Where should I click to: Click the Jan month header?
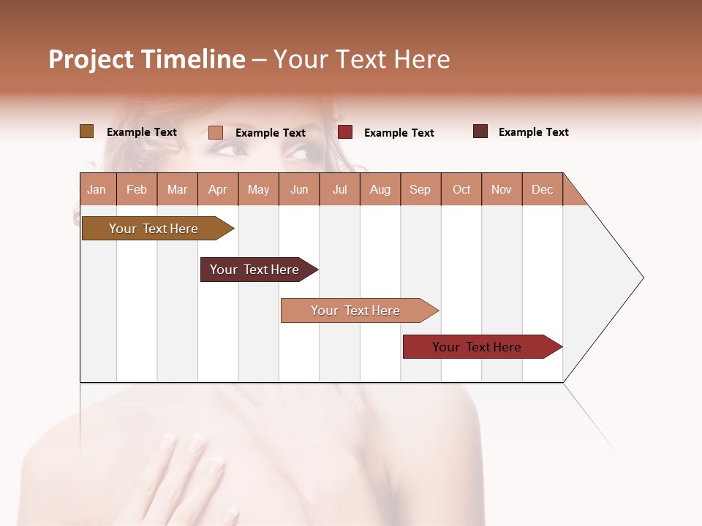(97, 189)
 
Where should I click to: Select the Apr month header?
(217, 189)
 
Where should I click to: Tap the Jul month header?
(339, 189)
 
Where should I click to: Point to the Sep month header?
(420, 189)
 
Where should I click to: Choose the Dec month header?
(542, 189)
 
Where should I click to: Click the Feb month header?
(137, 189)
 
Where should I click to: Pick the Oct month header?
(461, 189)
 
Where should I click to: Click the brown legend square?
(86, 131)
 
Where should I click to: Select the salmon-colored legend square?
(216, 132)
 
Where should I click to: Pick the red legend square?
(345, 132)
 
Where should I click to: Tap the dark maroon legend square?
(480, 131)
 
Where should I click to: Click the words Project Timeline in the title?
(147, 59)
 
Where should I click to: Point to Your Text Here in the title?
(362, 59)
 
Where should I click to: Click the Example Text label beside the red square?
(399, 133)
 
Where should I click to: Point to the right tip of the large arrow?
(642, 278)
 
